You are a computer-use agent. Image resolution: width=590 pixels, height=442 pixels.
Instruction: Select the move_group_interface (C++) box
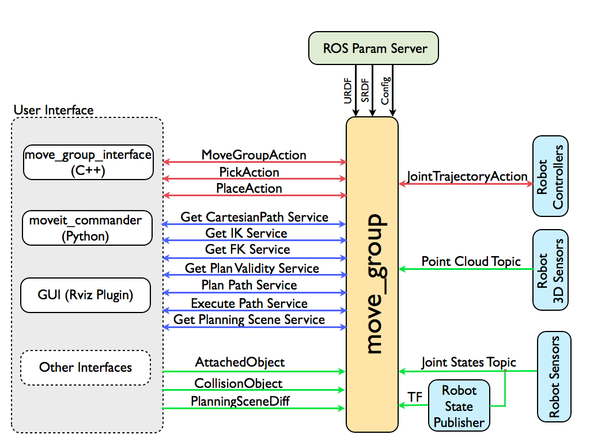[x=88, y=162]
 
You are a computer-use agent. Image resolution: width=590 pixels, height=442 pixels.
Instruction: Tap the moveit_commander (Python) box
[x=87, y=228]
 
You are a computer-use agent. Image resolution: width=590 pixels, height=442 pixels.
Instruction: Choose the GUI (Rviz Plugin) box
[x=85, y=295]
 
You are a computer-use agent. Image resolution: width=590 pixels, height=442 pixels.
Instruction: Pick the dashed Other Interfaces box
[x=85, y=367]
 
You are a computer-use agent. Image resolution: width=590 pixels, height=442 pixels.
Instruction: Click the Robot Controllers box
[x=550, y=176]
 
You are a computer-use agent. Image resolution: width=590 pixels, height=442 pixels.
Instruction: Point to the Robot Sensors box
[x=554, y=376]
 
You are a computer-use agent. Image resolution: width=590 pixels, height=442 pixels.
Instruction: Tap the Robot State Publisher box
[x=459, y=406]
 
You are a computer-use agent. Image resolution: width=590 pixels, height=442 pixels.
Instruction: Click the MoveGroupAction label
[x=254, y=155]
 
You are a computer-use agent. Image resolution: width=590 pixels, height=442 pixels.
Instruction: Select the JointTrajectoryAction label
[x=467, y=176]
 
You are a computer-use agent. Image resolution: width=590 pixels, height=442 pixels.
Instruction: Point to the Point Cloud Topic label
[x=471, y=261]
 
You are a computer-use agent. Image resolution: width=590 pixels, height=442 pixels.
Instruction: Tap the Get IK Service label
[x=246, y=233]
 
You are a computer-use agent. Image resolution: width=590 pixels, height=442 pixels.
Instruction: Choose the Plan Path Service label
[x=249, y=285]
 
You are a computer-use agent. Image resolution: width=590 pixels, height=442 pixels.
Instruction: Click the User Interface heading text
[x=53, y=110]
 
